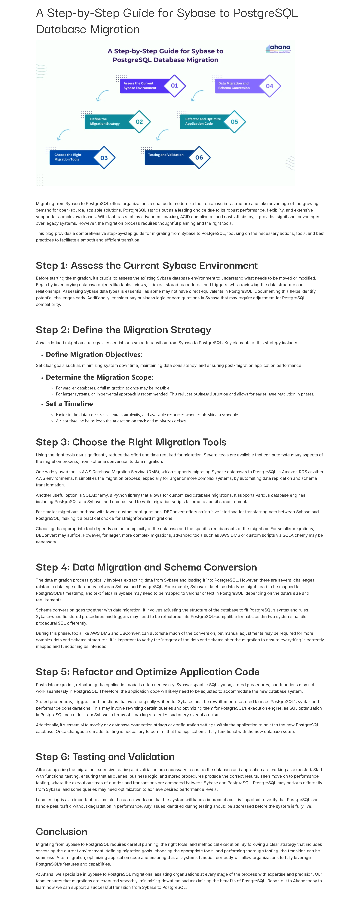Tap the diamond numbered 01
point(174,86)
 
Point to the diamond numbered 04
point(270,86)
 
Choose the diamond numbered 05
point(234,122)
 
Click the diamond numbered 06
point(199,157)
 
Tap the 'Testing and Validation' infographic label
point(166,155)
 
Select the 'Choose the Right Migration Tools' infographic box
point(71,157)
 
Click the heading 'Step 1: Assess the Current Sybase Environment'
point(146,266)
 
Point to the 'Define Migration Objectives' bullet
point(93,355)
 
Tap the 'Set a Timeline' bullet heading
point(69,404)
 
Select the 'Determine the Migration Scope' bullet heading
point(99,377)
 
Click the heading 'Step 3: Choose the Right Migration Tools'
point(131,442)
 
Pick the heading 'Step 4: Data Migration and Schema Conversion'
point(146,567)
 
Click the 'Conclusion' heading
point(61,832)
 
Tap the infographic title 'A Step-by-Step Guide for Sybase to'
point(165,51)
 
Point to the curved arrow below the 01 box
point(103,96)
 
